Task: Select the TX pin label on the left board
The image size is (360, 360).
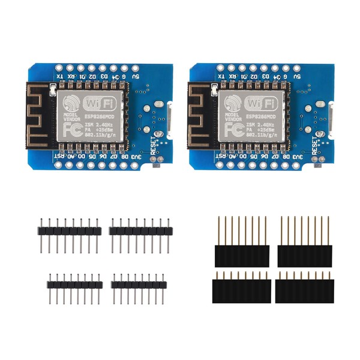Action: (59, 77)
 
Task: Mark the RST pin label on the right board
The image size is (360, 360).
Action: (220, 157)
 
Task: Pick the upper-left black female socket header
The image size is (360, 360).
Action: (241, 254)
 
